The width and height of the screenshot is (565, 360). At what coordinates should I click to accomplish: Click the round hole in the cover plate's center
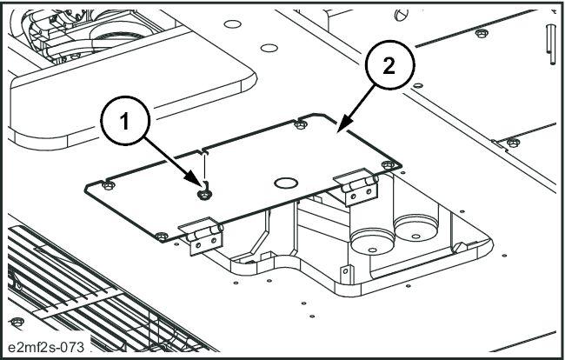click(x=285, y=182)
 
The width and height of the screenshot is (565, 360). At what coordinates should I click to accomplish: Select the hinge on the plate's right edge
click(x=359, y=186)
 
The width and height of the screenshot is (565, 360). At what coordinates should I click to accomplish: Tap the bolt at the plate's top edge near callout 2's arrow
click(x=299, y=124)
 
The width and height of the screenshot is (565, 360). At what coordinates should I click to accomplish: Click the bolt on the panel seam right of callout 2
click(x=480, y=34)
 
